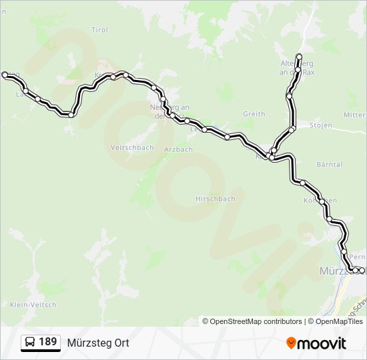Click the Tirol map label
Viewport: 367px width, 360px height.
coord(99,30)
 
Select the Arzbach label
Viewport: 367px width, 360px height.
coord(179,149)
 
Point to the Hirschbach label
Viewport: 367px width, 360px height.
coord(216,199)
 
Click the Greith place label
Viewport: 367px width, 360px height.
coord(254,114)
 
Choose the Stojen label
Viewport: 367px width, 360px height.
coord(322,125)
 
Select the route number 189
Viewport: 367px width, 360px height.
coord(47,342)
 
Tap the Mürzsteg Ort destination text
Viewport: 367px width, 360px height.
coord(98,343)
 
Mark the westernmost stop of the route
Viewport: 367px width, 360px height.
coord(5,75)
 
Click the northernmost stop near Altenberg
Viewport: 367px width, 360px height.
coord(299,56)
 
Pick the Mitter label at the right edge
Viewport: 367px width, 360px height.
coord(354,115)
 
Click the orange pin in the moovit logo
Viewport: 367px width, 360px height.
coord(291,343)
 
